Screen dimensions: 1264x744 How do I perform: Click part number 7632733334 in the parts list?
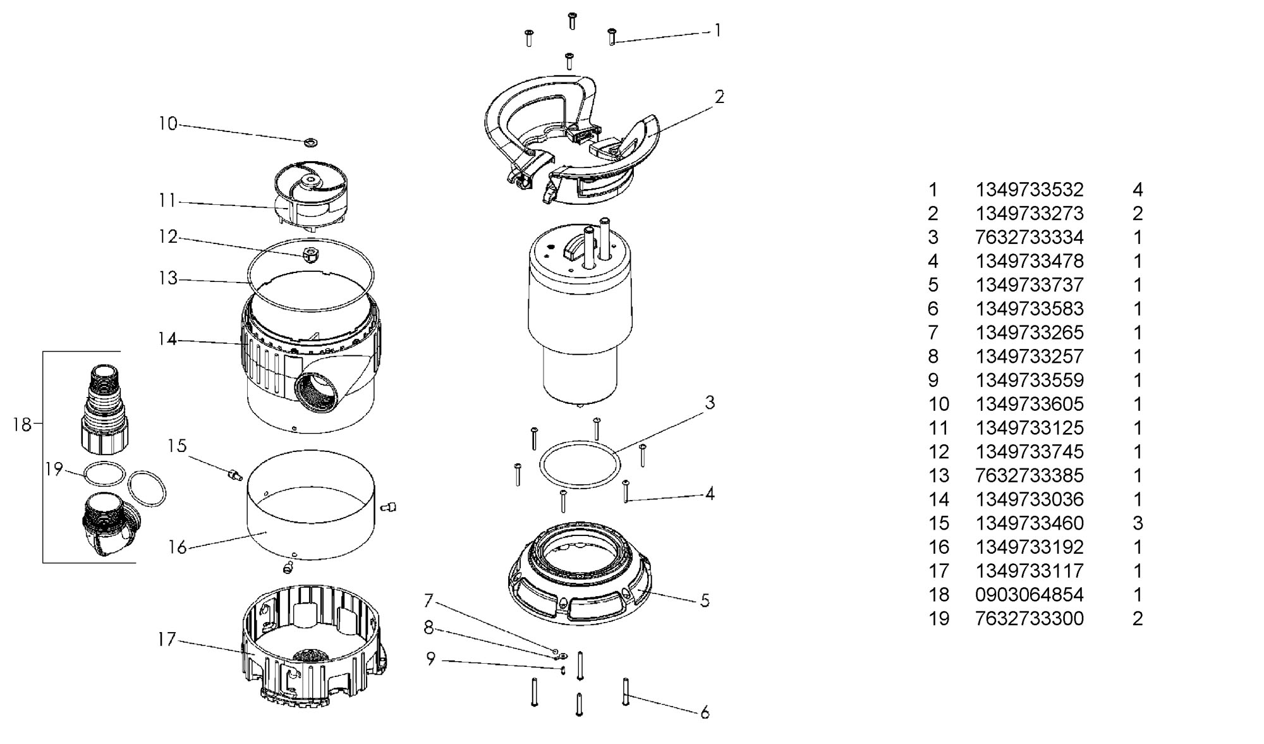[1029, 237]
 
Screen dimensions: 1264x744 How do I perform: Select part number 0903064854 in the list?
[1029, 595]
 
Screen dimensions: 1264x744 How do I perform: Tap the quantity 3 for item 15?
[1138, 523]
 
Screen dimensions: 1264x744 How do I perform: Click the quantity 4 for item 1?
[1138, 190]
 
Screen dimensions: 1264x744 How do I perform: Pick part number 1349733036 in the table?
[1029, 499]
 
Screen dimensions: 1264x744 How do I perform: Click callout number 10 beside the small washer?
[167, 123]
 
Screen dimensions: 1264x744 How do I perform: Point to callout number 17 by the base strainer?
[167, 640]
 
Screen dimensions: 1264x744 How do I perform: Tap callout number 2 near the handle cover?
[719, 97]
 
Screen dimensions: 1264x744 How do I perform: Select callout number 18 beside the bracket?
[22, 425]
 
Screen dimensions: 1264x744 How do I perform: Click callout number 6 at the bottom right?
[705, 712]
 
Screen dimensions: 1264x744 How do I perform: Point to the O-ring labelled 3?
[580, 465]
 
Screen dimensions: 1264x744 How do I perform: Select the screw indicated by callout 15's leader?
[234, 474]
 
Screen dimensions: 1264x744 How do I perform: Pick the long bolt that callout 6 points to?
[626, 692]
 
